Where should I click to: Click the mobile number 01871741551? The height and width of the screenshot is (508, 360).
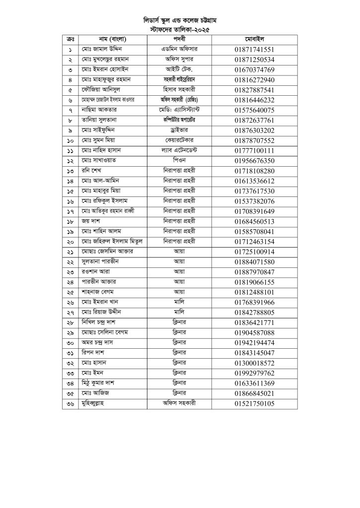click(255, 50)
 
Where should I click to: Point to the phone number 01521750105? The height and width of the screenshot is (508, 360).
click(255, 404)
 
